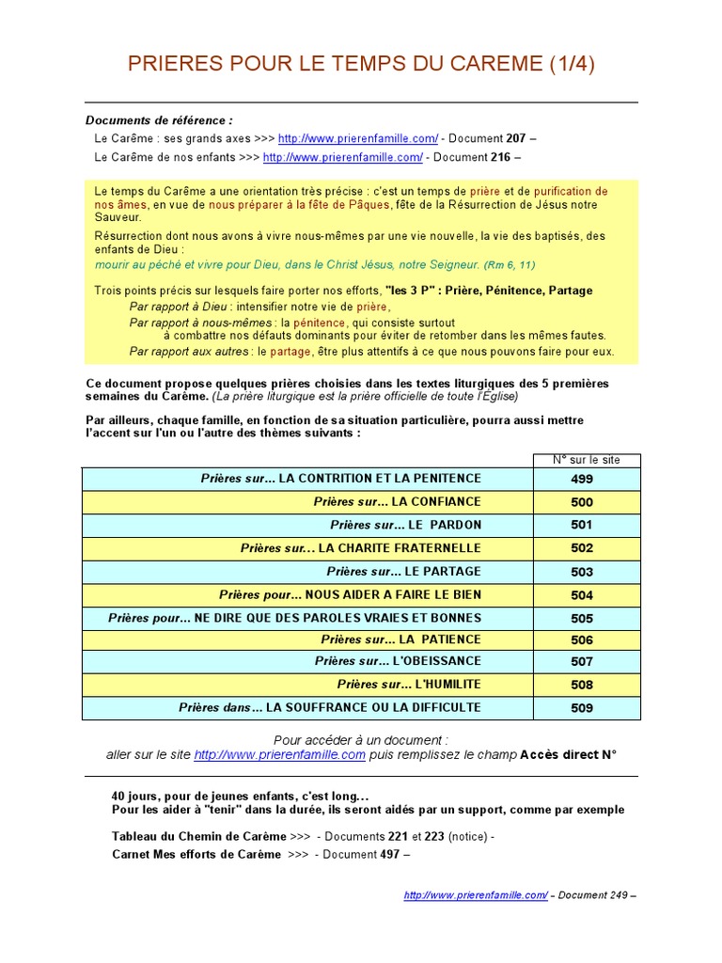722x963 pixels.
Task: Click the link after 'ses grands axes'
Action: [358, 138]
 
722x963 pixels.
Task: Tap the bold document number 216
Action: [500, 157]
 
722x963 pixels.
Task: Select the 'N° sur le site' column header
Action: [587, 460]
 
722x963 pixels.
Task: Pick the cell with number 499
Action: [582, 479]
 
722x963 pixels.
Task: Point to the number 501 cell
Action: [582, 525]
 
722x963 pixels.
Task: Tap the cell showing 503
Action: [582, 572]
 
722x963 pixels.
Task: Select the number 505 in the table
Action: [582, 619]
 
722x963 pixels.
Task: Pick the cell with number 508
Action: [582, 685]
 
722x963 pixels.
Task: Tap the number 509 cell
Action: [582, 708]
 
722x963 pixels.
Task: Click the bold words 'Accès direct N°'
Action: [568, 754]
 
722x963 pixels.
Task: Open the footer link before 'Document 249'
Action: [476, 895]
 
